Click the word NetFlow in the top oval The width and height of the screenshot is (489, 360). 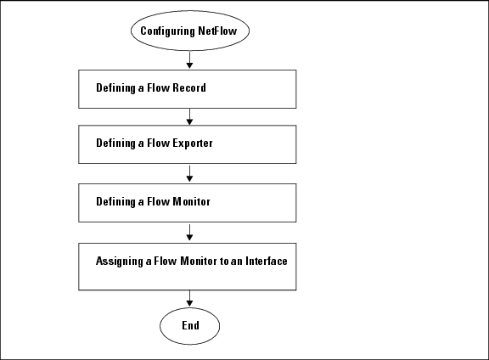[217, 31]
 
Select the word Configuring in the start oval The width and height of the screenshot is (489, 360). [167, 31]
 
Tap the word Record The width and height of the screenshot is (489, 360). [189, 87]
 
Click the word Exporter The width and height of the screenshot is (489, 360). [193, 143]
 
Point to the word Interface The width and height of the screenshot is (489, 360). [267, 261]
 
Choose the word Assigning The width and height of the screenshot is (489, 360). [120, 262]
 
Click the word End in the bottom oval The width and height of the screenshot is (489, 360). [190, 325]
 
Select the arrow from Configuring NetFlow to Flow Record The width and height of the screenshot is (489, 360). [189, 60]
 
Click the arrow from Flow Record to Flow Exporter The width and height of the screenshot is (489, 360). [189, 117]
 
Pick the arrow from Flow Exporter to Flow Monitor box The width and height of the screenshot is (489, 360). [189, 174]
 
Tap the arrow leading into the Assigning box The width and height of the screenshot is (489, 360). [189, 233]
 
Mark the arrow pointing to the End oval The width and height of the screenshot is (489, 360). [189, 299]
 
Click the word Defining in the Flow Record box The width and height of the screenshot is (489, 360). [115, 88]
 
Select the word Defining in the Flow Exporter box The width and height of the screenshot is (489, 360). [115, 143]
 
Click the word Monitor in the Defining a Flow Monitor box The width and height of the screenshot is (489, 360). [192, 201]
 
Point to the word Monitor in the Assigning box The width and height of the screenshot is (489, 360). [199, 261]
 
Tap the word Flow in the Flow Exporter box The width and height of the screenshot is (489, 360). [159, 143]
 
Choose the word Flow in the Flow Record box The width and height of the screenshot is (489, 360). [159, 87]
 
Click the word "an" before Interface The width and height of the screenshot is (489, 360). [237, 262]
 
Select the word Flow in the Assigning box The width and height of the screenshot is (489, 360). [166, 261]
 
